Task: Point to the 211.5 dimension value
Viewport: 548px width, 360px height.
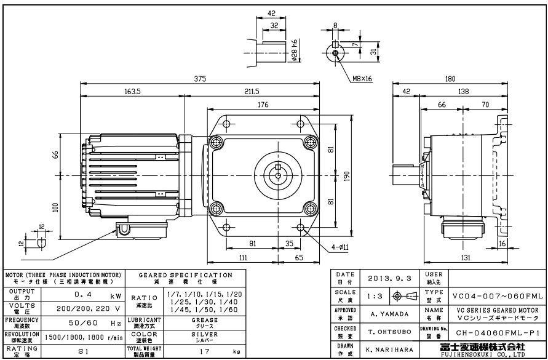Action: point(252,92)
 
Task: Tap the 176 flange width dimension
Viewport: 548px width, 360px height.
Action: point(263,105)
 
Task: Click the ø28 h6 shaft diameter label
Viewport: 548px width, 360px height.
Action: point(295,49)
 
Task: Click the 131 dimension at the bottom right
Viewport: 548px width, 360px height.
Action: point(467,257)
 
